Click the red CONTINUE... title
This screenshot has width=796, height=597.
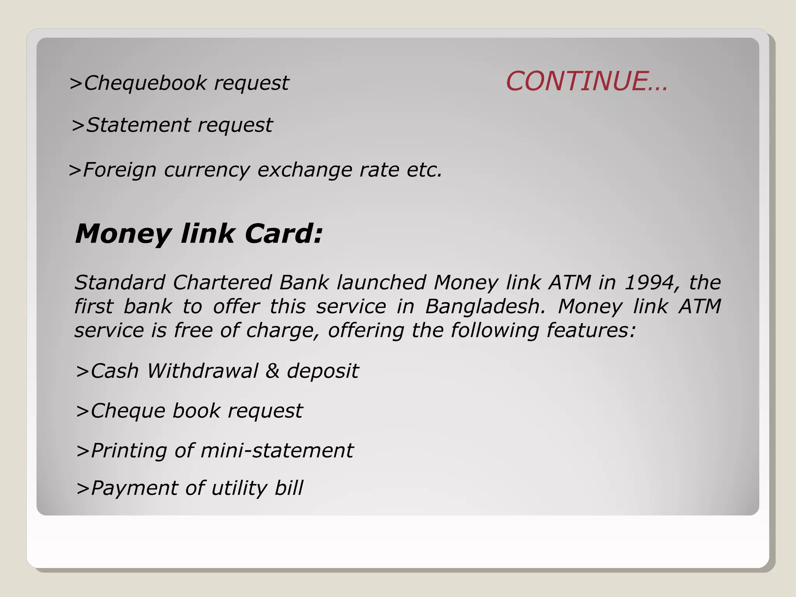[587, 81]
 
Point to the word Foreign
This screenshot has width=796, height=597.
[120, 170]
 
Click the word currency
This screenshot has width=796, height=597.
[207, 170]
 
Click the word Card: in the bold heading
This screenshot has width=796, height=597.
[284, 234]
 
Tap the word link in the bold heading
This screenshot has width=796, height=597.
[208, 234]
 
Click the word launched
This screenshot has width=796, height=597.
[381, 283]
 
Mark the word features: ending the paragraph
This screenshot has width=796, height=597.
[591, 330]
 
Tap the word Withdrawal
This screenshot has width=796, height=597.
[202, 371]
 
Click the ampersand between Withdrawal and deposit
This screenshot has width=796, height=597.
[272, 371]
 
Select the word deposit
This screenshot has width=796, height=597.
[323, 372]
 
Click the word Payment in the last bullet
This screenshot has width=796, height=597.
[134, 489]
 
